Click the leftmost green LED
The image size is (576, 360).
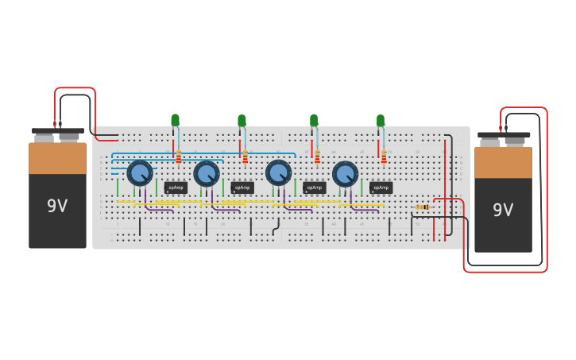coord(175,120)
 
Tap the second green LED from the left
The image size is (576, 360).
coord(242,120)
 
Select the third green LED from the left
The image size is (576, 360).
coord(314,120)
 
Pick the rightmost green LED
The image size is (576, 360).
coord(381,120)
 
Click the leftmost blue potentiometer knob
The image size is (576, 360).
coord(140,172)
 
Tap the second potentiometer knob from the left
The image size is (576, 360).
coord(207,172)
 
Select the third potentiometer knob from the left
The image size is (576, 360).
coord(278,172)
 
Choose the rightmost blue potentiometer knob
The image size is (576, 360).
coord(345,172)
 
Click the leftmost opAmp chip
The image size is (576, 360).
coord(176,188)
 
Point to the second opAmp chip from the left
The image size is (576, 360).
coord(242,188)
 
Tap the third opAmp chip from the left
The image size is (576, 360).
coord(315,188)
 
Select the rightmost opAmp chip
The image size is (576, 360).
coord(381,188)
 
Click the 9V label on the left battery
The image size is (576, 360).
coord(57,206)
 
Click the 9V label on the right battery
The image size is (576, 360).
coord(503,210)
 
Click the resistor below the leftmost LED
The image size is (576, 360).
coord(179,157)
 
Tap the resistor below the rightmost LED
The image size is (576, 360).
coord(384,157)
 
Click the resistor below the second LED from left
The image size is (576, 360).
coord(245,157)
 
